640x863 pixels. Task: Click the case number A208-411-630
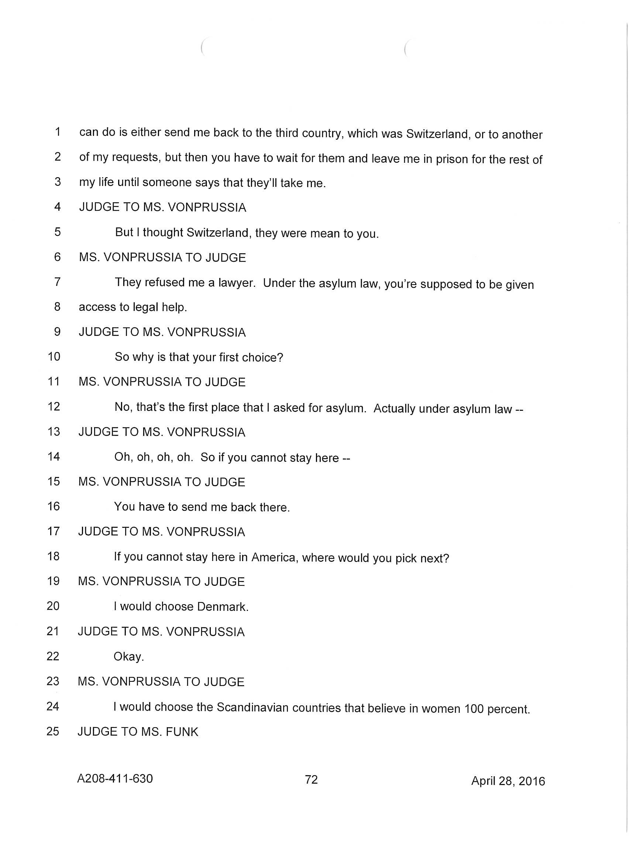[115, 778]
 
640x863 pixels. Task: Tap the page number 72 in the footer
[311, 779]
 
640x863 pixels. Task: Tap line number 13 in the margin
[54, 431]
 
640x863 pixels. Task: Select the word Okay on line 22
[128, 657]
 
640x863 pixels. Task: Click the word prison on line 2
[452, 159]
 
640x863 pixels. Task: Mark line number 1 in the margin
[58, 132]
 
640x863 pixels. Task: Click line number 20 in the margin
[53, 605]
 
